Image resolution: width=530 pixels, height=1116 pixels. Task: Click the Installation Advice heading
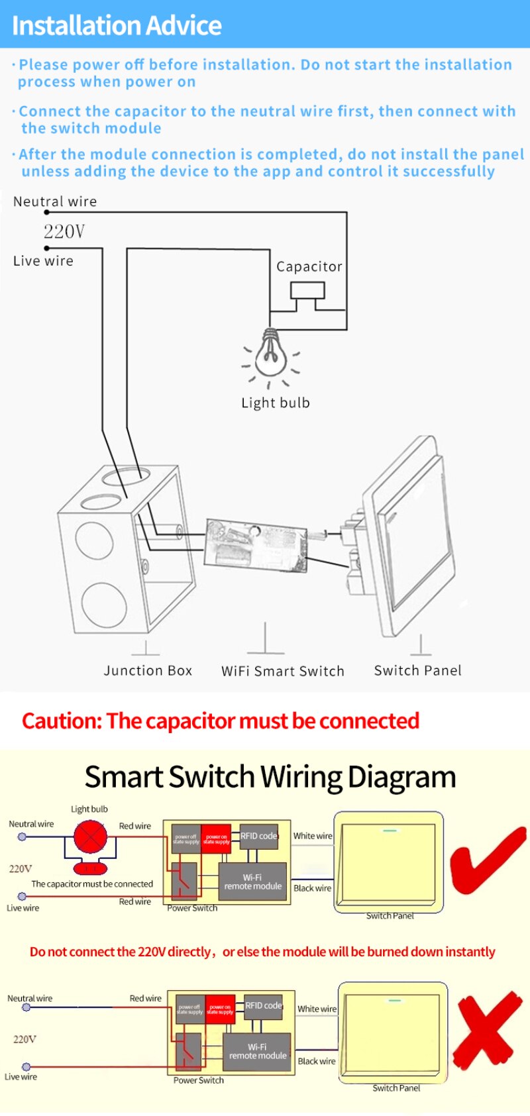[117, 25]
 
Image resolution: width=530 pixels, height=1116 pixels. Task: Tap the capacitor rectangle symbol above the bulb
[307, 290]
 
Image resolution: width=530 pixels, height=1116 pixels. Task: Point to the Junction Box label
[148, 670]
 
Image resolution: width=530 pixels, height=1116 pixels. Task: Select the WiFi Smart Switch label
[283, 671]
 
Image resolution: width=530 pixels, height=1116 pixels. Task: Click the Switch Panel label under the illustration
[417, 670]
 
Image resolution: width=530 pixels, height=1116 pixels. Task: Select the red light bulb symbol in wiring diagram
[90, 837]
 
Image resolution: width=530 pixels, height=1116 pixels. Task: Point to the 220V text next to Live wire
[64, 231]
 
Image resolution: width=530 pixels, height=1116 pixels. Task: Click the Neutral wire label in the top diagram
[55, 201]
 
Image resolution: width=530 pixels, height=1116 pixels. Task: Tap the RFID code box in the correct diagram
[258, 837]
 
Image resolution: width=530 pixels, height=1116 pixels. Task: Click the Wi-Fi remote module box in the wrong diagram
[258, 1051]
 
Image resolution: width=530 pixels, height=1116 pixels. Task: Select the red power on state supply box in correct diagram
[216, 838]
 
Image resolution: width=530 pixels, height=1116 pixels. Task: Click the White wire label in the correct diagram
[313, 836]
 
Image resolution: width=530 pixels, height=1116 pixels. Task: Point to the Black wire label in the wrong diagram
[317, 1061]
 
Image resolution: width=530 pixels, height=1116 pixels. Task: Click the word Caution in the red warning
[61, 721]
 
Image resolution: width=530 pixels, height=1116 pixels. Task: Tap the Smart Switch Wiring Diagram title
[270, 777]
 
